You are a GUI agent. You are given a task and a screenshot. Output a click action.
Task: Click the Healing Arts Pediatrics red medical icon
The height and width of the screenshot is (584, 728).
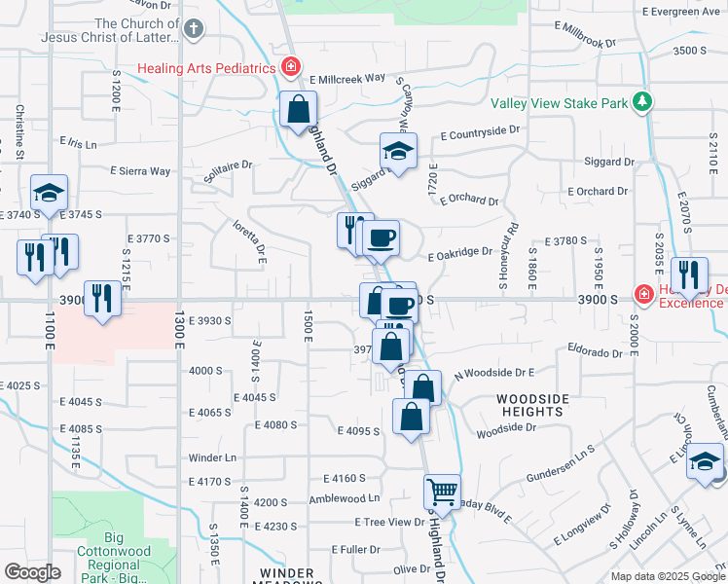[x=289, y=67]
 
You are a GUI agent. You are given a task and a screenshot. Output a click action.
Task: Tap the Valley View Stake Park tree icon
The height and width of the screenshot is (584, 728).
[x=641, y=102]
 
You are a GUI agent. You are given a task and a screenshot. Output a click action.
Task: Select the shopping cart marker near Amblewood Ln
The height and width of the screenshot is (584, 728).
[x=442, y=492]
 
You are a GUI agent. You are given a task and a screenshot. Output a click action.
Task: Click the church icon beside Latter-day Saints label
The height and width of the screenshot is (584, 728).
[x=194, y=28]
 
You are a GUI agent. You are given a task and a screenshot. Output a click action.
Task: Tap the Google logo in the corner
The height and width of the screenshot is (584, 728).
[x=32, y=572]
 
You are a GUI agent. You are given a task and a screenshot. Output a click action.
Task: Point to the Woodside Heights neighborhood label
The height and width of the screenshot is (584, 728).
[x=530, y=405]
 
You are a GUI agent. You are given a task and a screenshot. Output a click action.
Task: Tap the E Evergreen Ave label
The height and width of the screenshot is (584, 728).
[x=679, y=11]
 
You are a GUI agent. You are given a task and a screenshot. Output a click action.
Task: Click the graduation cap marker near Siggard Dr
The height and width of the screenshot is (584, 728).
[x=398, y=151]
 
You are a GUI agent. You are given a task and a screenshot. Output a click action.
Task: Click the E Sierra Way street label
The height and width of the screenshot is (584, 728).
[x=140, y=171]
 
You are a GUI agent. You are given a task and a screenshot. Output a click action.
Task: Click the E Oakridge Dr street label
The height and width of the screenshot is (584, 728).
[x=460, y=253]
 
